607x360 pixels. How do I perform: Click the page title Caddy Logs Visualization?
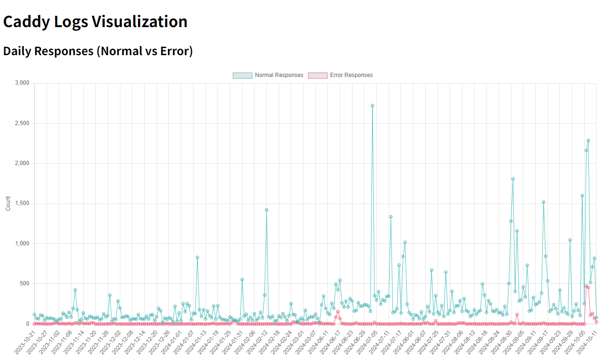point(95,22)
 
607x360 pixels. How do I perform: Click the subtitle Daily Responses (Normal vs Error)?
point(98,51)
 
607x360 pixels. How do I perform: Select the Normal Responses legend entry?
point(268,75)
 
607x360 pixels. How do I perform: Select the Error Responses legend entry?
point(341,75)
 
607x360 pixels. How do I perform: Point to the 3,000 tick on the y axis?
point(21,83)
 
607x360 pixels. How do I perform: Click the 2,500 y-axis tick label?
point(21,124)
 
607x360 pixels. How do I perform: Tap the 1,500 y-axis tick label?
point(21,204)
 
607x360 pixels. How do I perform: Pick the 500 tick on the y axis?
point(24,284)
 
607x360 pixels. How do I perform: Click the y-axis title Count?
point(8,204)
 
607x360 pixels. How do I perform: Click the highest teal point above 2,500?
point(372,106)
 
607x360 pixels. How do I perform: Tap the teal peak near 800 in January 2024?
point(197,257)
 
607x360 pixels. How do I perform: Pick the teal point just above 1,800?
point(513,179)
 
